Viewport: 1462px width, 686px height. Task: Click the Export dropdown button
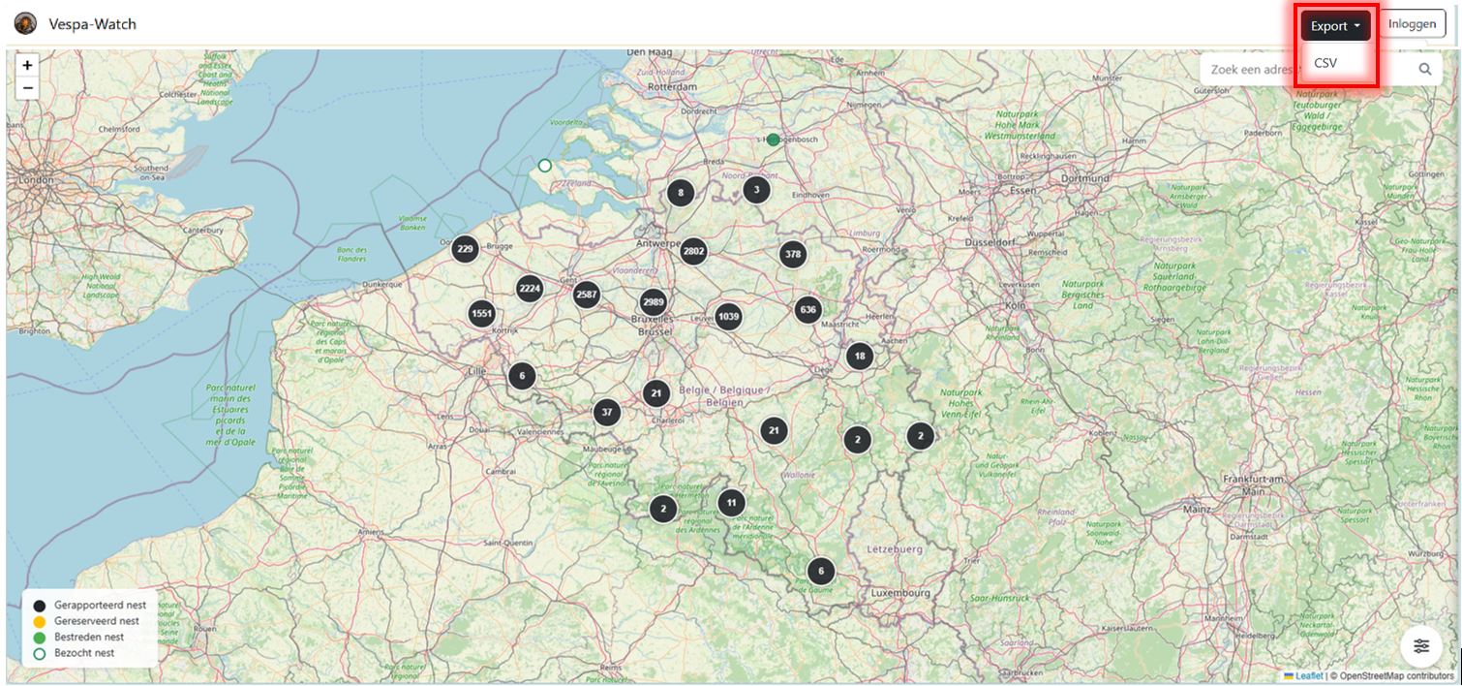pyautogui.click(x=1335, y=26)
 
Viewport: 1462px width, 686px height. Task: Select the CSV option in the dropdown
pyautogui.click(x=1325, y=63)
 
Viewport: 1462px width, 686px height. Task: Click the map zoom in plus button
pyautogui.click(x=27, y=66)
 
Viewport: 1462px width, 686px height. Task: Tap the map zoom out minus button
pyautogui.click(x=27, y=88)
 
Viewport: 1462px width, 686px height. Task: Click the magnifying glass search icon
pyautogui.click(x=1425, y=69)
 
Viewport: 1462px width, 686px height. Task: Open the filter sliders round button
pyautogui.click(x=1420, y=646)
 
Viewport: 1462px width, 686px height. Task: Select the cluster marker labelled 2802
pyautogui.click(x=693, y=252)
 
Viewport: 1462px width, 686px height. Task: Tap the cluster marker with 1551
pyautogui.click(x=482, y=314)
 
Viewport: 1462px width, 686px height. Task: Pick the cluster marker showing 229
pyautogui.click(x=466, y=249)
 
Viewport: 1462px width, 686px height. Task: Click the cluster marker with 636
pyautogui.click(x=807, y=310)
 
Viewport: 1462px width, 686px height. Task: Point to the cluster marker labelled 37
pyautogui.click(x=607, y=412)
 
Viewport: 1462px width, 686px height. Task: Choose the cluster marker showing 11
pyautogui.click(x=731, y=503)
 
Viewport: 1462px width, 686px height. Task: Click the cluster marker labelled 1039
pyautogui.click(x=728, y=317)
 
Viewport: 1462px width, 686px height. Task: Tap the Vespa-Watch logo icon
pyautogui.click(x=26, y=24)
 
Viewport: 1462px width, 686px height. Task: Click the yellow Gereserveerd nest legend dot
pyautogui.click(x=40, y=622)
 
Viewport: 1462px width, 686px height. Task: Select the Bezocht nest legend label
pyautogui.click(x=84, y=653)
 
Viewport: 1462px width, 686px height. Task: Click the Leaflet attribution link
pyautogui.click(x=1308, y=675)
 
